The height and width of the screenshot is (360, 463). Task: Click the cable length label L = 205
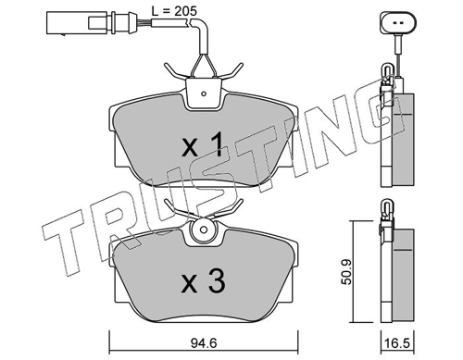tap(174, 11)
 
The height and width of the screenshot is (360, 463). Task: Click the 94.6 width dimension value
tap(204, 343)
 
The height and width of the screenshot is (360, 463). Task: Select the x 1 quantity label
tap(202, 143)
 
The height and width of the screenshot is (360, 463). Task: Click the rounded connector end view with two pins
tap(398, 23)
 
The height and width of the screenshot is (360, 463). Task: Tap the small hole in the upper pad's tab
tap(204, 93)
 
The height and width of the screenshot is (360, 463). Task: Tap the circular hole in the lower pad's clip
tap(203, 230)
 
